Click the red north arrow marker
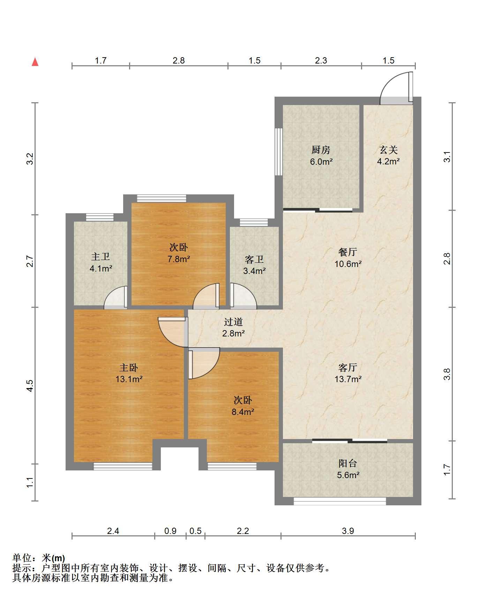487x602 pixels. (35, 62)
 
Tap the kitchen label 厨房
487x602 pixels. (321, 150)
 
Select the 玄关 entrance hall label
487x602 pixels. (388, 150)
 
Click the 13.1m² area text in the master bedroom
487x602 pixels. (129, 379)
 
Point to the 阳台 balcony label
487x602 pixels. (348, 463)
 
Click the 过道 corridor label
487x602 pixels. (233, 322)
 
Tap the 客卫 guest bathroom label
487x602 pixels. (254, 259)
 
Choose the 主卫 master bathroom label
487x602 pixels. (100, 257)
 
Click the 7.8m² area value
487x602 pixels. (179, 259)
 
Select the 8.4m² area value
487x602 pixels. (243, 412)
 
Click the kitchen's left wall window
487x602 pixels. (278, 151)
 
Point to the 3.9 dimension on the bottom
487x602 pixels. (348, 531)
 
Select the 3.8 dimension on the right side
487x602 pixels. (448, 374)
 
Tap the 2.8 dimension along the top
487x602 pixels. (179, 60)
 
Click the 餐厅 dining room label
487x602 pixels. (348, 252)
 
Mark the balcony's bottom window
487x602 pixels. (340, 501)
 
